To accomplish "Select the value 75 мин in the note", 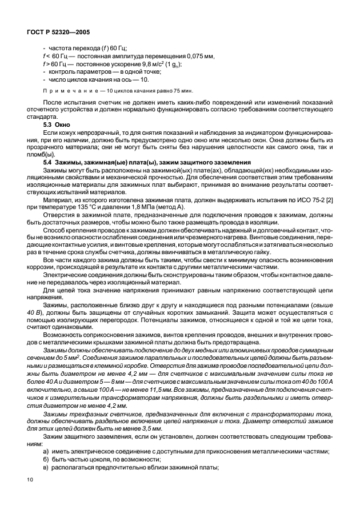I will [182, 91].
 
